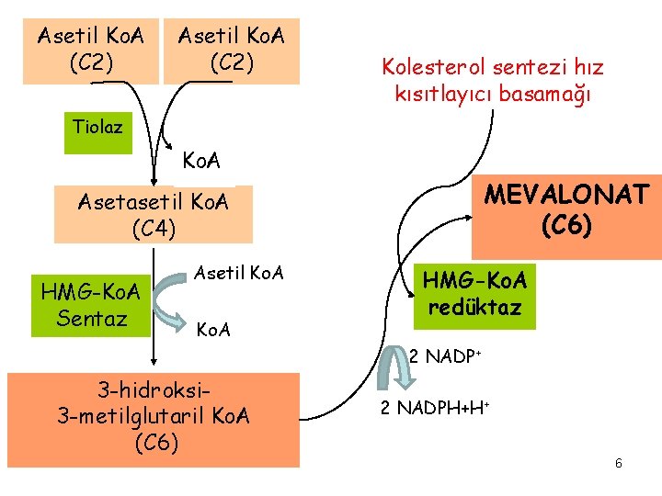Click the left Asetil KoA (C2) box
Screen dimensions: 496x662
90,51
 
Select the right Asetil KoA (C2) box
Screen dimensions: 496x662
231,51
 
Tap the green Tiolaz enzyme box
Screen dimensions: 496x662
98,129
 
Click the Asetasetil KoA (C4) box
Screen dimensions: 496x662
153,215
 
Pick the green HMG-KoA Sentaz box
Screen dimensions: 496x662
90,305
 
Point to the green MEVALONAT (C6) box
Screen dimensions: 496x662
566,217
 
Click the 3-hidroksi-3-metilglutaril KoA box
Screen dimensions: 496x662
153,419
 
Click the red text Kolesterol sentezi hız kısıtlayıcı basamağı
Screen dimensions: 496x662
493,81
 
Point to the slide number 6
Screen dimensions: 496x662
619,463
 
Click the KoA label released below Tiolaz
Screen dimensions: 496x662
201,162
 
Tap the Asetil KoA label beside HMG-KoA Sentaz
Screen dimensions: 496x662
238,273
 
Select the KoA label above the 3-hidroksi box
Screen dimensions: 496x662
214,329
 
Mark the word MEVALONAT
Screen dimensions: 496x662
566,196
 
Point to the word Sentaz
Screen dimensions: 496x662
90,318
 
